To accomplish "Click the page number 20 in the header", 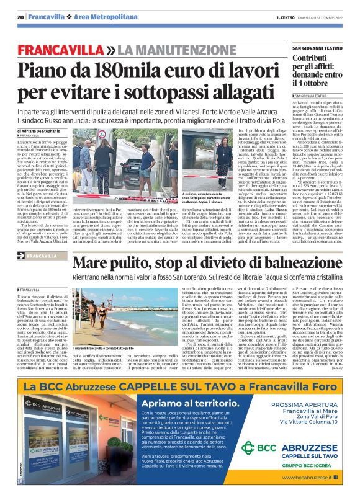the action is pyautogui.click(x=20, y=17).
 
